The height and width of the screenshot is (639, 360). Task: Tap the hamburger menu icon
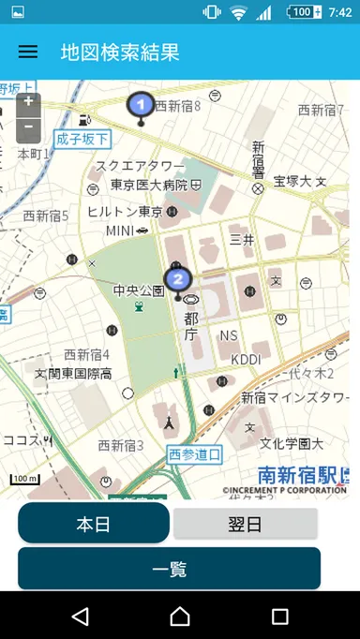tap(28, 52)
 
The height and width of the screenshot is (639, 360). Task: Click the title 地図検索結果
tap(119, 52)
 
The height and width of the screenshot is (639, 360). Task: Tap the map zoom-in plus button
tap(29, 101)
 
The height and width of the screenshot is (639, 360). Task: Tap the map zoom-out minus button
tap(29, 126)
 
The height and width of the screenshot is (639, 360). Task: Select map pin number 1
tap(141, 104)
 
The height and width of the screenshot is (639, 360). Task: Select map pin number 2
tap(177, 278)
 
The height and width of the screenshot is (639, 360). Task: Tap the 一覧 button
tap(169, 568)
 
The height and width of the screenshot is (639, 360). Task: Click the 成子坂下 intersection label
tap(82, 139)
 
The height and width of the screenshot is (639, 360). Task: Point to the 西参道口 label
tap(195, 454)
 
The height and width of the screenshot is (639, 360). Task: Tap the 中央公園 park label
tap(139, 290)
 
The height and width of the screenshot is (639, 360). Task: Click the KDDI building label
tap(246, 359)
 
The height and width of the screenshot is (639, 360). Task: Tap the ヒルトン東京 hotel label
tap(125, 212)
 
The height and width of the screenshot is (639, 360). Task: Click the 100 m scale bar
tap(25, 481)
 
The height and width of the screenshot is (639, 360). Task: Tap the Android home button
tap(180, 616)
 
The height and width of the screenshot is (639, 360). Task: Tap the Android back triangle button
tap(81, 616)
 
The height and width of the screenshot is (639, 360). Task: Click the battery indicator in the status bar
tap(302, 12)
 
